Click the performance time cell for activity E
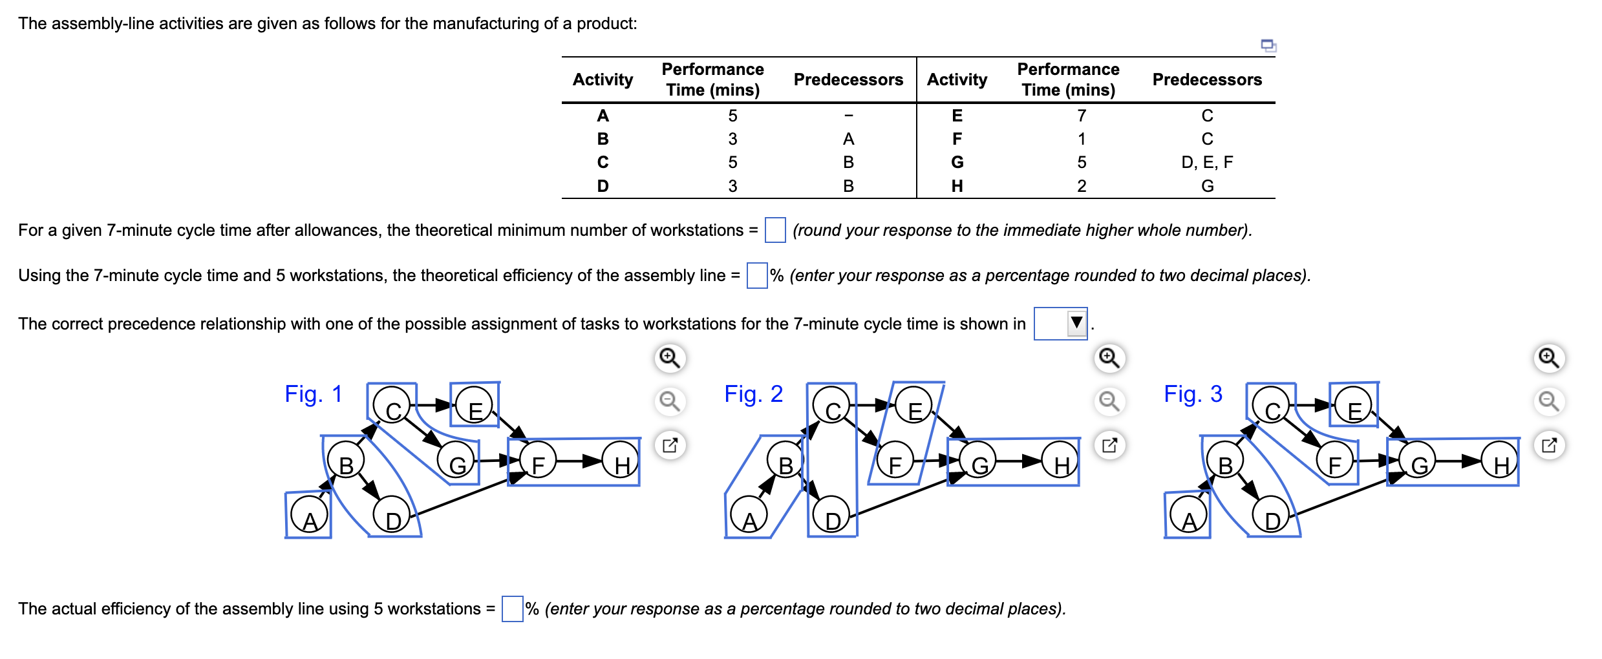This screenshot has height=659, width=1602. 1082,116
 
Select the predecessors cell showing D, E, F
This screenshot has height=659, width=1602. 1206,162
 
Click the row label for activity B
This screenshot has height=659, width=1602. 603,139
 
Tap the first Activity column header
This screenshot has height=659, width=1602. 603,79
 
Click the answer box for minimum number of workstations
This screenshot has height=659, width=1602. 774,230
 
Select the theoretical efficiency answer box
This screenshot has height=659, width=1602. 756,275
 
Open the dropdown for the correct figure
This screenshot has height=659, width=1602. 1061,323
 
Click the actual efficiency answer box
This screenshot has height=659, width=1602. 512,609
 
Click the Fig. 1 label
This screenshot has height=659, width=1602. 314,393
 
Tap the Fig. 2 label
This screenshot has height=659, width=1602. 753,393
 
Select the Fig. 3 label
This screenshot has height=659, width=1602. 1193,393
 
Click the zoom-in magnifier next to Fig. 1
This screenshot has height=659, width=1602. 670,358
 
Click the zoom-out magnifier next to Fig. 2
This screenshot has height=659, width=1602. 1109,401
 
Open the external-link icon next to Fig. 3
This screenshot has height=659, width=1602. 1549,445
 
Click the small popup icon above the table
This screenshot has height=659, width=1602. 1268,45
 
